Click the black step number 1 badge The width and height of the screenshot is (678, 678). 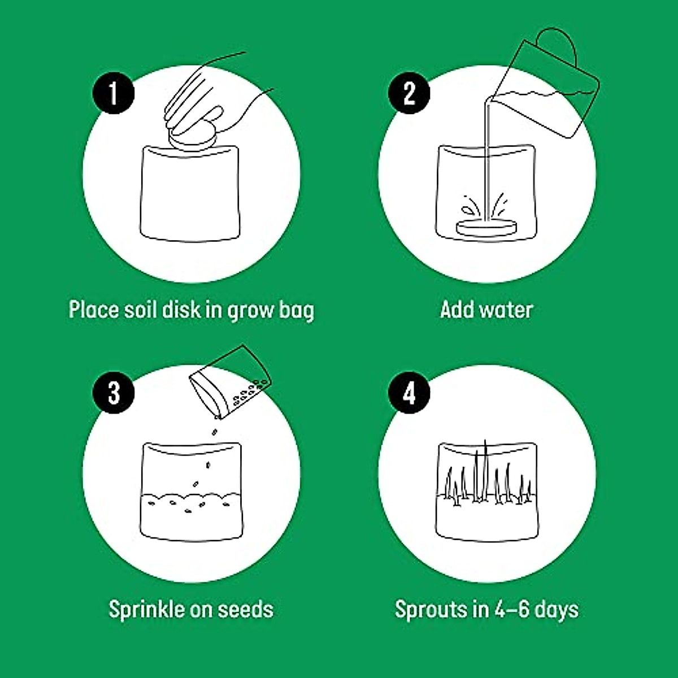tap(114, 93)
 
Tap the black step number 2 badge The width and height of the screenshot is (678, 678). tap(410, 93)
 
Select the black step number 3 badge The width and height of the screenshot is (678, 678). tap(114, 392)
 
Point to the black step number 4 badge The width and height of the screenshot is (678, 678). tap(410, 392)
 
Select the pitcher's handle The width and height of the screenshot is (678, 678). tap(557, 45)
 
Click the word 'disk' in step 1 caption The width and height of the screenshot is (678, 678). tap(181, 310)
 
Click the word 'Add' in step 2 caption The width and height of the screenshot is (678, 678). tap(457, 310)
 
